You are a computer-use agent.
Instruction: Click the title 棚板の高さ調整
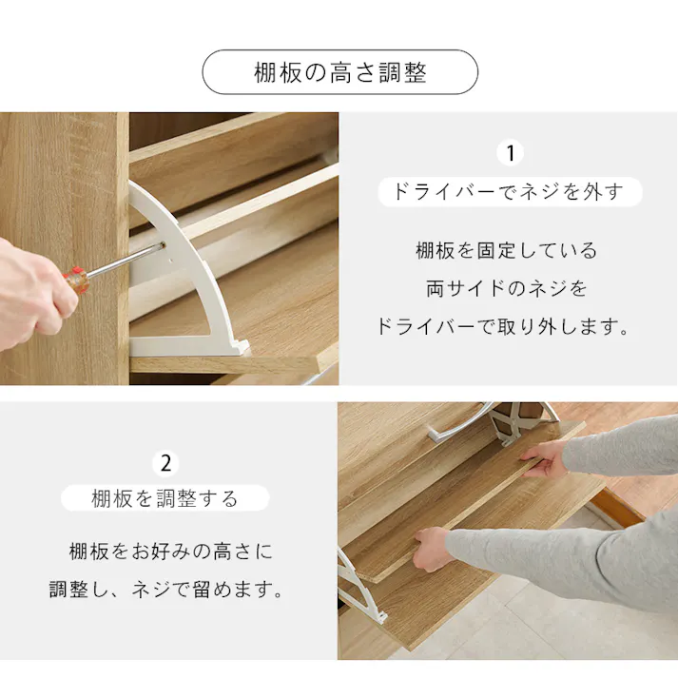click(x=339, y=72)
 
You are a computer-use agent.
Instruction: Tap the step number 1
click(x=511, y=153)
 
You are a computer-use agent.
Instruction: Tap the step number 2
click(x=166, y=463)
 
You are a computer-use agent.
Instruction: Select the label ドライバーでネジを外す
click(x=511, y=192)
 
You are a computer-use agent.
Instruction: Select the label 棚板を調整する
click(x=165, y=498)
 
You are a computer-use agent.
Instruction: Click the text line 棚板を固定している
click(x=507, y=251)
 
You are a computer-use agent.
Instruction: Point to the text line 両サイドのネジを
click(x=507, y=288)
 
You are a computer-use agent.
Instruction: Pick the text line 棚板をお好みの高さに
click(x=170, y=552)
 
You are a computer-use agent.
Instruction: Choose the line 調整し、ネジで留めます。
click(x=167, y=590)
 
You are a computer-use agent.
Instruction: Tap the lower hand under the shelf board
click(x=433, y=548)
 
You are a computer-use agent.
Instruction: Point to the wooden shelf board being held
click(x=475, y=504)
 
